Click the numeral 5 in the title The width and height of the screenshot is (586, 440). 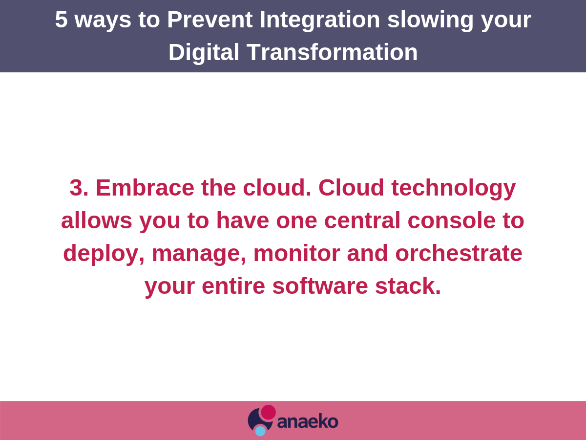point(61,20)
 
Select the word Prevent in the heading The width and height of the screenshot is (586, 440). point(210,20)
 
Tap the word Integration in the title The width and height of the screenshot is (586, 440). point(320,21)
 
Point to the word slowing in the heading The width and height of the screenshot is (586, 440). point(431,21)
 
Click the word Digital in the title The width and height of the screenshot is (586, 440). point(204,53)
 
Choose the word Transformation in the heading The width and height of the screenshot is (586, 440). point(332,52)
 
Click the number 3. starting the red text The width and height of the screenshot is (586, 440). point(79,188)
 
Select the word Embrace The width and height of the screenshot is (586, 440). point(145,188)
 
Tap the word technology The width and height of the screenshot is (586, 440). point(454,189)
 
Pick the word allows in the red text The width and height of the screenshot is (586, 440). point(97,220)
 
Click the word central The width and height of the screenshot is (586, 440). point(362,220)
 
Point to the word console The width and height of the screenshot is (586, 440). point(452,220)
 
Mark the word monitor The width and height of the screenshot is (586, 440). point(296,253)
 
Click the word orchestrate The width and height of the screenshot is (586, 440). point(459,253)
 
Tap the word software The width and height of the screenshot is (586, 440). point(320,286)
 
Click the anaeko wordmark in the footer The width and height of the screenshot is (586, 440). point(308,421)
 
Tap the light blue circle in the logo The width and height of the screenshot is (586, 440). point(260,431)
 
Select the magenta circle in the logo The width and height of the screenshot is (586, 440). point(268,412)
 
